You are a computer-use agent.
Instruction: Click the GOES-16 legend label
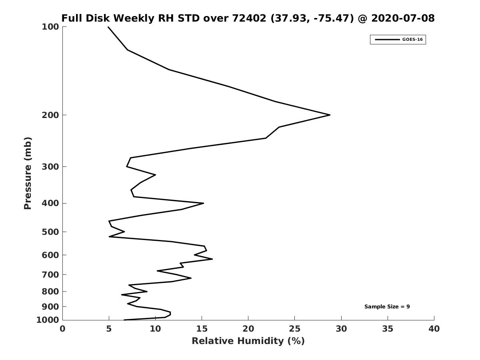tap(412, 40)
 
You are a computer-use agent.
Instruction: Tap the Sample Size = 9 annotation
tap(387, 306)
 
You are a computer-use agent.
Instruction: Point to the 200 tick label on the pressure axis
tap(50, 115)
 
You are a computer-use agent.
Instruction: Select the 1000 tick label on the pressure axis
tap(48, 320)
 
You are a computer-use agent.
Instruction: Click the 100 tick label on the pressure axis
tap(50, 27)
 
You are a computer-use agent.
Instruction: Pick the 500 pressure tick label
tap(50, 232)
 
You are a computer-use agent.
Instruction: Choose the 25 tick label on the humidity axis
tap(294, 329)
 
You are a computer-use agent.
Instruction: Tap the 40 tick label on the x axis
tap(434, 329)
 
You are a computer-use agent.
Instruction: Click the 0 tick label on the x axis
tap(62, 329)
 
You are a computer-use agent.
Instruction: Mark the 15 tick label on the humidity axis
tap(202, 329)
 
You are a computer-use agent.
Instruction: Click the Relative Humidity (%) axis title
tap(248, 341)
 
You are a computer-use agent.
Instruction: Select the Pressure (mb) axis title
tap(28, 173)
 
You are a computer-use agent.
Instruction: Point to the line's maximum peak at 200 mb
tap(330, 115)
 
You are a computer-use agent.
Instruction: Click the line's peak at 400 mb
tap(203, 203)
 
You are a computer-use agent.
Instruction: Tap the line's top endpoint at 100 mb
tap(108, 27)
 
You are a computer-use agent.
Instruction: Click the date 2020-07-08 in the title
tap(403, 18)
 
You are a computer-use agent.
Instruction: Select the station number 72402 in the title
tap(249, 18)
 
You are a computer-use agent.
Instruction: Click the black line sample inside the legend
tap(387, 40)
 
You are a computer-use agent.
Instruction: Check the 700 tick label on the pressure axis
tap(50, 274)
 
